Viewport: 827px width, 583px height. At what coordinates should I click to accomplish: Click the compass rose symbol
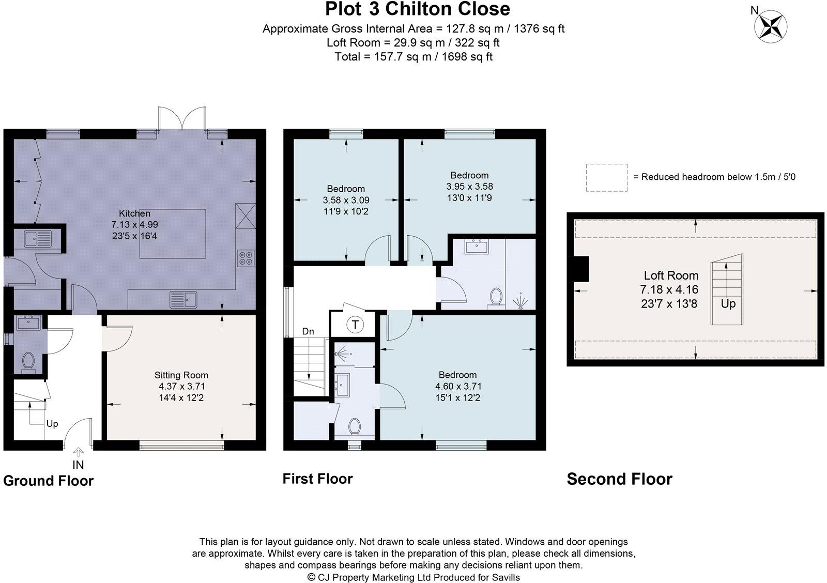(x=771, y=26)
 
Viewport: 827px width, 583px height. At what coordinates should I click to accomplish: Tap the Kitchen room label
(x=134, y=213)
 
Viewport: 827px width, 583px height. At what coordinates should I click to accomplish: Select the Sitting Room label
(x=181, y=375)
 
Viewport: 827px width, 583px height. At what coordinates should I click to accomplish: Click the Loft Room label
(x=671, y=275)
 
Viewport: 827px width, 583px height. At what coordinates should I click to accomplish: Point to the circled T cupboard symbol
(x=355, y=325)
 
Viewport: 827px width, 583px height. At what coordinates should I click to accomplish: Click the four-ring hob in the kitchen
(x=246, y=258)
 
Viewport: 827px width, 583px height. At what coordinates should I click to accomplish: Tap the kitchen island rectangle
(x=173, y=234)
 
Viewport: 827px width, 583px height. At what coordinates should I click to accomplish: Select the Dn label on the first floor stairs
(x=308, y=331)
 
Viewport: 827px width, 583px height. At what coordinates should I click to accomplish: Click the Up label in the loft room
(x=728, y=304)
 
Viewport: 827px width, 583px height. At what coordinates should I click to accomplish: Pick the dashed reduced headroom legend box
(x=607, y=178)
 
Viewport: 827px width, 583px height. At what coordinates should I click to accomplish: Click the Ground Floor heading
(x=49, y=481)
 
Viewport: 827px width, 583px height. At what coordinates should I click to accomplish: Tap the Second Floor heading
(x=620, y=479)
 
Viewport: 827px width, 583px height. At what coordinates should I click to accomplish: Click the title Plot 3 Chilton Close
(x=418, y=9)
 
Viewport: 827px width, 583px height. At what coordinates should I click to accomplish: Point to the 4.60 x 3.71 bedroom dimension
(x=458, y=386)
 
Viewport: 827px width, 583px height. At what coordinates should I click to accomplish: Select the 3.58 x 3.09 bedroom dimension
(x=346, y=200)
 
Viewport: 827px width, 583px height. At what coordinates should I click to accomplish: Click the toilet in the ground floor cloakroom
(x=28, y=361)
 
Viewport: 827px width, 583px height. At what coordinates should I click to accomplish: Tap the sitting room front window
(x=181, y=446)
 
